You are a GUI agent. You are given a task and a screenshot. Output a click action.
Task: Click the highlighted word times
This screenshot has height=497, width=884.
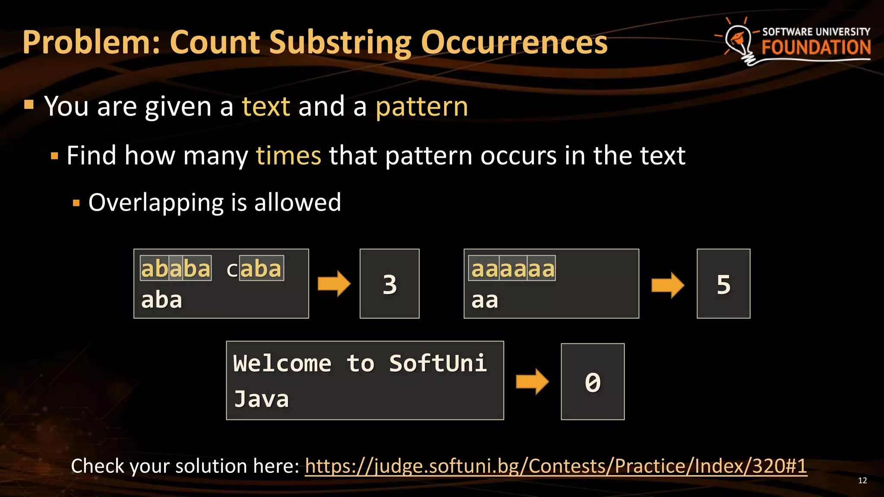click(x=288, y=155)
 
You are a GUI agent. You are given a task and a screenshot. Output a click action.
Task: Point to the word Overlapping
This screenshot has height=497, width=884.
click(x=156, y=202)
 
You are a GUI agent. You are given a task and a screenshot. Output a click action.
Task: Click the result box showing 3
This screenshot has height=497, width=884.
click(x=389, y=284)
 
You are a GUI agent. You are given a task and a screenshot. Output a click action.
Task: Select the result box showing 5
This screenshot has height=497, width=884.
click(x=723, y=284)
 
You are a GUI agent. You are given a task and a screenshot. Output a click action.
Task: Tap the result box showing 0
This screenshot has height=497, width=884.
click(x=593, y=382)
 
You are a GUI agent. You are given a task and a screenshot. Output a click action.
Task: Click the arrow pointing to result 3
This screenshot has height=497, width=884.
click(x=334, y=284)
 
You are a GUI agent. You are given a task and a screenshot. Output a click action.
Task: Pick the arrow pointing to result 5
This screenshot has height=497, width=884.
click(x=668, y=285)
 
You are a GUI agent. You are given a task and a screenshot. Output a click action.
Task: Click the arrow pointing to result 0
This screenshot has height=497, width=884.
click(x=532, y=381)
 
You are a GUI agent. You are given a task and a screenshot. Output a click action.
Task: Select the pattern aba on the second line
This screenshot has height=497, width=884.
click(x=162, y=300)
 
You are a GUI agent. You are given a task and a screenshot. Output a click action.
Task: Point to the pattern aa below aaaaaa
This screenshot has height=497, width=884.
click(x=485, y=300)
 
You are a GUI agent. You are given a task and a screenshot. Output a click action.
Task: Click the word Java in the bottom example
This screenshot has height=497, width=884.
click(x=262, y=399)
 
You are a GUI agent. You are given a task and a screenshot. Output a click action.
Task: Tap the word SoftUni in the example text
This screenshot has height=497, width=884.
click(x=438, y=363)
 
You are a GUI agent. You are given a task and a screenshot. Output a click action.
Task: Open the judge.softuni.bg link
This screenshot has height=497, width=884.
click(x=556, y=466)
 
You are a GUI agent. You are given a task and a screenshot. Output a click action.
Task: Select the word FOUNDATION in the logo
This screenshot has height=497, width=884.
click(x=816, y=47)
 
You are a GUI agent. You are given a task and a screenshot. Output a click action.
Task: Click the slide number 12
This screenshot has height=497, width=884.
click(x=862, y=481)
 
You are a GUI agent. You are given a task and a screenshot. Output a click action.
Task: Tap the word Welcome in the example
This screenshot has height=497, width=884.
click(x=282, y=363)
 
